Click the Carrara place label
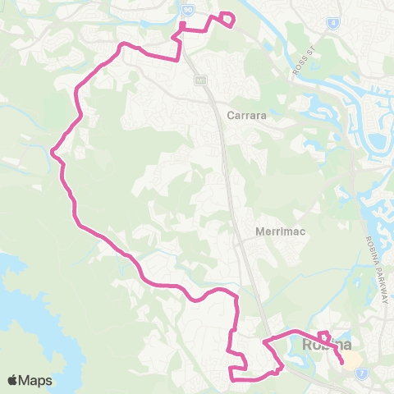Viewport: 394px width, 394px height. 247,117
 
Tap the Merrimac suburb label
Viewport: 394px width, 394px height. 281,231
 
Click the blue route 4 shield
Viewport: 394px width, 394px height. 332,23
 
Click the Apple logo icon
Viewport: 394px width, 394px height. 13,380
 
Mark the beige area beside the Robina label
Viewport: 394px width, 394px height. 351,360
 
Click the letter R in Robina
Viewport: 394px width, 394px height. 308,345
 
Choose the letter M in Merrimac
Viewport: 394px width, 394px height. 261,231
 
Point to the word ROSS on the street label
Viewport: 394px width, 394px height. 297,69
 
